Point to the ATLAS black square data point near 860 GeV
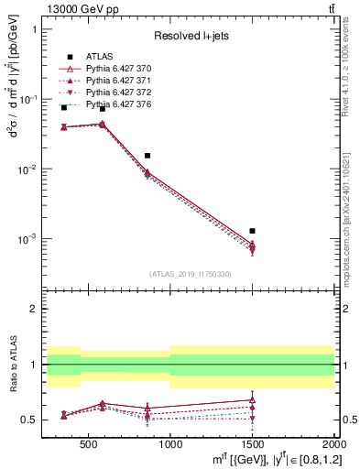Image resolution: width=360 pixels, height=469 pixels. [147, 156]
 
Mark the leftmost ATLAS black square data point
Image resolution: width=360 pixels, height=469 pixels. [64, 107]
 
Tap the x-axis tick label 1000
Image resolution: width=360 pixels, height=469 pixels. [170, 444]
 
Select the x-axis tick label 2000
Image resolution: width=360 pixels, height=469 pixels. [333, 444]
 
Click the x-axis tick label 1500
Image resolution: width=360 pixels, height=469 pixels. [252, 444]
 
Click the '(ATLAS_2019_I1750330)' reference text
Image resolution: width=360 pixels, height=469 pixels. [191, 274]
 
